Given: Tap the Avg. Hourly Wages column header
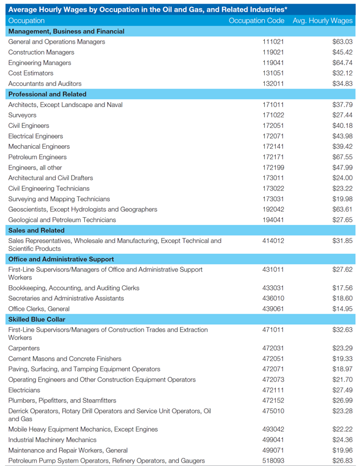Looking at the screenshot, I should coord(322,20).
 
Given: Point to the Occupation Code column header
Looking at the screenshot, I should coord(257,20).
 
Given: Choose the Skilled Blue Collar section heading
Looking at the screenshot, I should coord(37,319).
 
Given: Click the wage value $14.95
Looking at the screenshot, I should coord(342,309).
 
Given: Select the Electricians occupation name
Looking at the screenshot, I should coord(24,390).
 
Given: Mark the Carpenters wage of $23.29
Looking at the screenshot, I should coord(342,348).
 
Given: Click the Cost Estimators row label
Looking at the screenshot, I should coord(31,73).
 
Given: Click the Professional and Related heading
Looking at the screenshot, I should coord(47,94).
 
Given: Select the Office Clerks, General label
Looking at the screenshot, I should coord(39,309).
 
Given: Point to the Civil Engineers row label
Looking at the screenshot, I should coord(28,126).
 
